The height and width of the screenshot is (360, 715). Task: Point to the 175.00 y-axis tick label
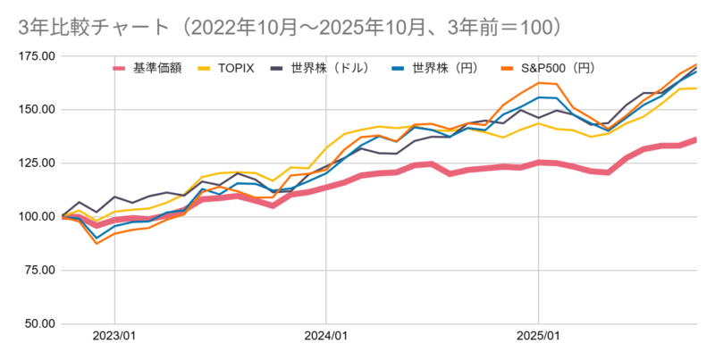click(35, 56)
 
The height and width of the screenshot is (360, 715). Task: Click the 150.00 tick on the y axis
click(35, 110)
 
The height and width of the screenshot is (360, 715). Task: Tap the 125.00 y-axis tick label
click(35, 163)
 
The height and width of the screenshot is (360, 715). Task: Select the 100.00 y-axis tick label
click(35, 216)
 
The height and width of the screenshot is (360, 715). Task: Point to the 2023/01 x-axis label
click(114, 337)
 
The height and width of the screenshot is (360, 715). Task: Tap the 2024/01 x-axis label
click(326, 337)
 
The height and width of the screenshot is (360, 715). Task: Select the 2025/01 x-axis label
click(538, 337)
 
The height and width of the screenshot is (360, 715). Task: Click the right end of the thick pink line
click(696, 139)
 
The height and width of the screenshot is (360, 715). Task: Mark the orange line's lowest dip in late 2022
click(97, 243)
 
